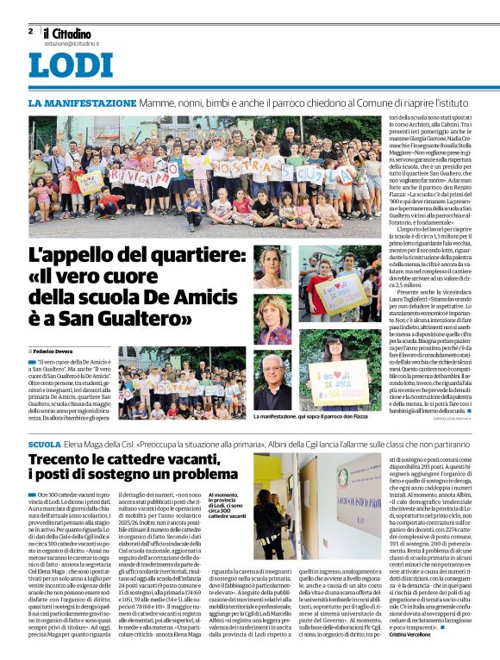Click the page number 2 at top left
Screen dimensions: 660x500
coord(30,31)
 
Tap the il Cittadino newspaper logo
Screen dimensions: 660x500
coord(69,32)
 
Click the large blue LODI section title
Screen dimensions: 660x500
coord(71,66)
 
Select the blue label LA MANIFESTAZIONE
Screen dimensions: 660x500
coord(82,103)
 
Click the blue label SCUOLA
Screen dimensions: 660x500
coord(44,443)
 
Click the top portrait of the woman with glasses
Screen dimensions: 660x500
coord(272,267)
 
